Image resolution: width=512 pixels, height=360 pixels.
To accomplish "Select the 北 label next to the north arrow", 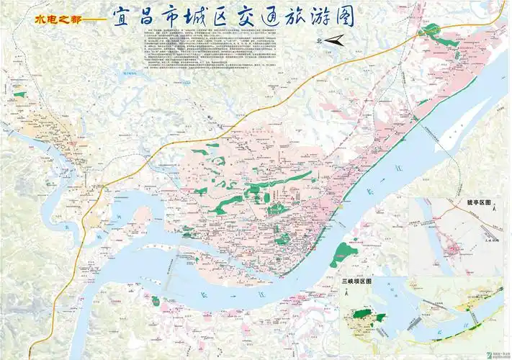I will (319, 42).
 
